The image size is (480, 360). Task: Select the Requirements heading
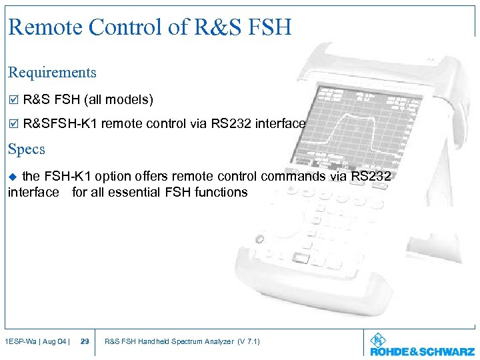52,73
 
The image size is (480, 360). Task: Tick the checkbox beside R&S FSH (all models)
12,101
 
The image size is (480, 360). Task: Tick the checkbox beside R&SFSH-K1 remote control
12,124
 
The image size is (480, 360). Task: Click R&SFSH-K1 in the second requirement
61,124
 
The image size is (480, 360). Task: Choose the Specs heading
27,149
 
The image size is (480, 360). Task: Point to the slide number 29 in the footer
85,342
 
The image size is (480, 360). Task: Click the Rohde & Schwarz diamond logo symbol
377,339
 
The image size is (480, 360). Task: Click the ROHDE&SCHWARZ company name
422,351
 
